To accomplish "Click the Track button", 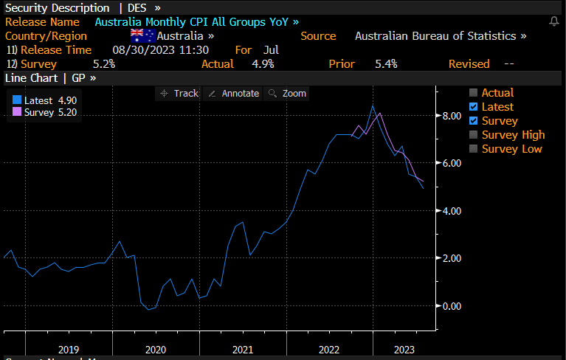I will [x=179, y=93].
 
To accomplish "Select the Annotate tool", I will [x=233, y=93].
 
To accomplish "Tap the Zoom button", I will [x=287, y=93].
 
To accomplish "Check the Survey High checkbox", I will [x=474, y=135].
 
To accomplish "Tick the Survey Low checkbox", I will [x=474, y=149].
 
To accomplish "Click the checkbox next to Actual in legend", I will [x=474, y=93].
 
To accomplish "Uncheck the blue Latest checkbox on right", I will [x=474, y=107].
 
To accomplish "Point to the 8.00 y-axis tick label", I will [x=451, y=116].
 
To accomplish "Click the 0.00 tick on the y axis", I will [x=451, y=306].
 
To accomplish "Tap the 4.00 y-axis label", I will [x=451, y=211].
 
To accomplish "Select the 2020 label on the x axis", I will [x=155, y=350].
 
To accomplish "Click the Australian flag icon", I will [x=142, y=35].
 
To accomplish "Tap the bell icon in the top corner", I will [x=554, y=21].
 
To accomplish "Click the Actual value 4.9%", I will [x=262, y=64].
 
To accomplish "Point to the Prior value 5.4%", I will [x=385, y=64].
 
